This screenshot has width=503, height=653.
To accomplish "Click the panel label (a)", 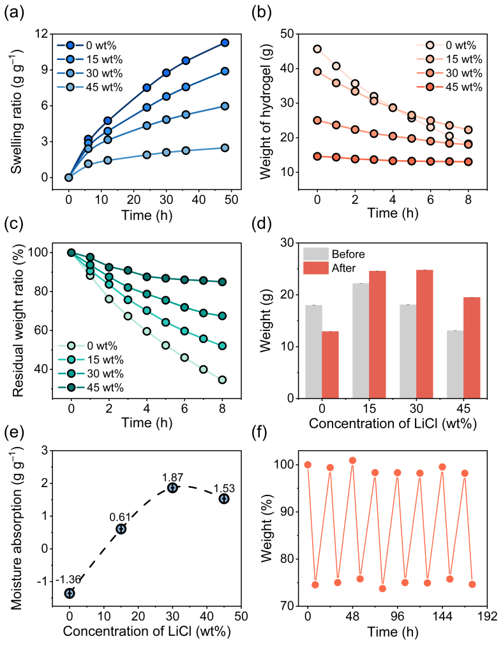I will [x=15, y=12].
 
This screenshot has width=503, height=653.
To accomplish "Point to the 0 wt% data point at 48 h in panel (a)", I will [x=225, y=43].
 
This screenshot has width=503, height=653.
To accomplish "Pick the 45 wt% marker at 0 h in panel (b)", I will [x=317, y=156].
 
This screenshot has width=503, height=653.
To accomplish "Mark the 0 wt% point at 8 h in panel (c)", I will [x=222, y=380].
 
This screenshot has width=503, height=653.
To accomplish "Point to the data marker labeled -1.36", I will [x=70, y=593].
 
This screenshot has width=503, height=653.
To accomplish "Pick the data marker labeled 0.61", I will [x=121, y=529].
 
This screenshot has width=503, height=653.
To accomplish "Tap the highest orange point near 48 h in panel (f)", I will [x=353, y=460].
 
